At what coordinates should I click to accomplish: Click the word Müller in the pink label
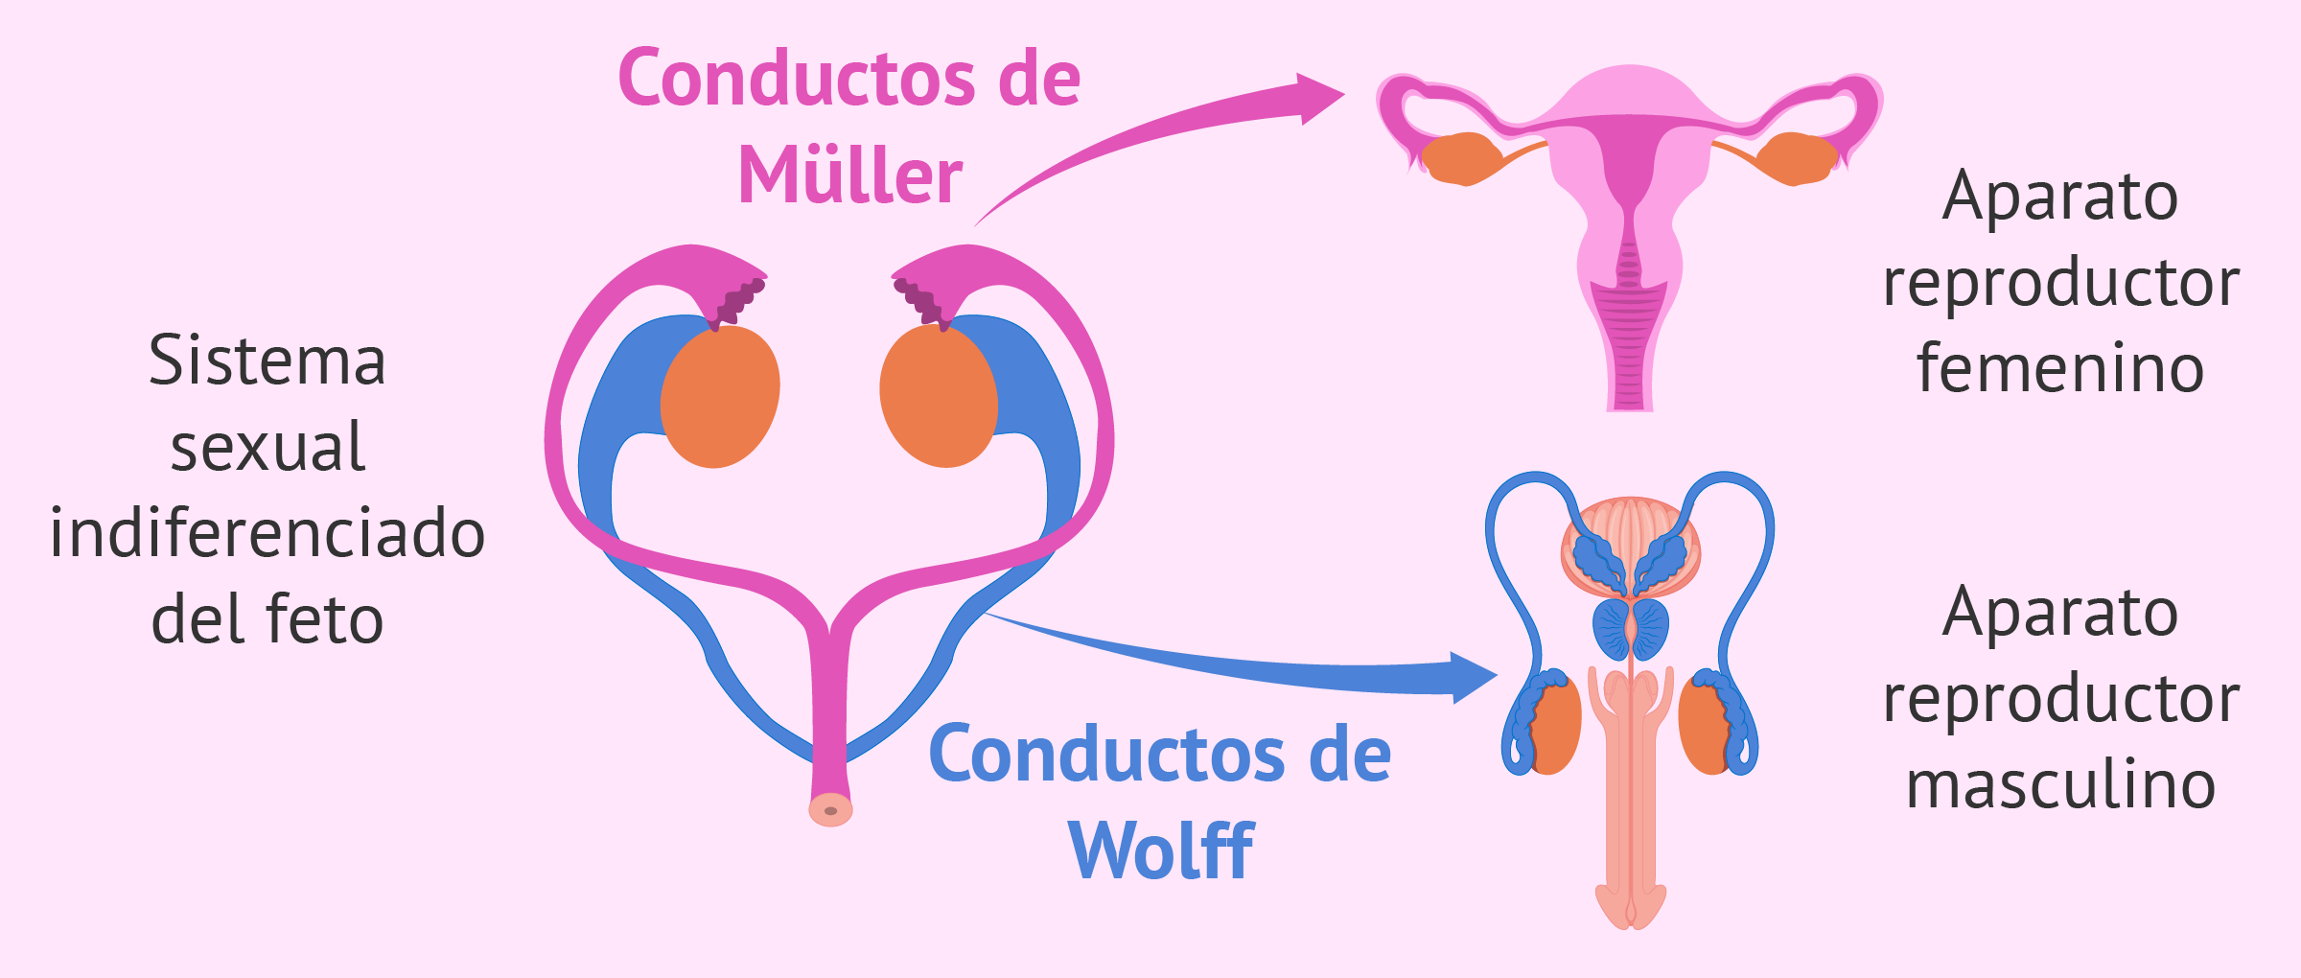point(849,175)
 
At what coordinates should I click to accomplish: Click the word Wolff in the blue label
point(1160,850)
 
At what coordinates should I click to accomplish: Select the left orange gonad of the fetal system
point(720,396)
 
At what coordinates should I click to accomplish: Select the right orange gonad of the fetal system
point(939,396)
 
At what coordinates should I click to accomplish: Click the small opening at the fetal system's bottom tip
point(830,811)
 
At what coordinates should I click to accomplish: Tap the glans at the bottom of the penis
point(1630,906)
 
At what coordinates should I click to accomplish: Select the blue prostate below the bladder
point(1630,628)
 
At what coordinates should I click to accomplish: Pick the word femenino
point(2060,368)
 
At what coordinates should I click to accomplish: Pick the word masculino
point(2060,784)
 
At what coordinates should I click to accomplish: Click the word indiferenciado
point(267,533)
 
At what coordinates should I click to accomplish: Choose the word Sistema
point(267,361)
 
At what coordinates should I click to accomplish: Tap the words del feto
point(267,619)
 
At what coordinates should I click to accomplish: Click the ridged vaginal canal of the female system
point(1629,345)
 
